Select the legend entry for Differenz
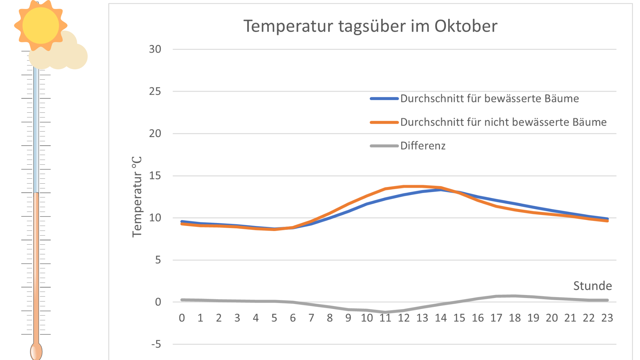click(x=423, y=146)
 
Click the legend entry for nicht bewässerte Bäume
click(x=503, y=122)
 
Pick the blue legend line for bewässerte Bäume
click(x=384, y=99)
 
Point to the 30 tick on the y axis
click(x=155, y=49)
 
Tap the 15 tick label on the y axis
click(x=155, y=176)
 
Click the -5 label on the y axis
click(x=156, y=344)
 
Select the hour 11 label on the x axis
click(x=385, y=318)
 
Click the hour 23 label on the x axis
click(x=607, y=318)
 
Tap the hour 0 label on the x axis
click(x=182, y=318)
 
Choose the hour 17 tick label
click(x=496, y=318)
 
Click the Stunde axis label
click(x=592, y=286)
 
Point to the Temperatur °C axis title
click(x=137, y=197)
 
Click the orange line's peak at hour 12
click(x=404, y=186)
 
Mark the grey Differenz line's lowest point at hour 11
click(x=385, y=312)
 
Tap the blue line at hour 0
click(x=182, y=221)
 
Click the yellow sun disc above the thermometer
click(x=41, y=25)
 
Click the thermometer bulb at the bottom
click(x=36, y=351)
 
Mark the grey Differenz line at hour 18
click(x=515, y=296)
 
